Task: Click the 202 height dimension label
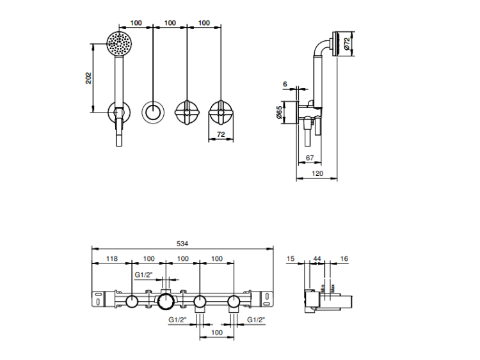[x=89, y=77]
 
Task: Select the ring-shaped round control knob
[x=153, y=114]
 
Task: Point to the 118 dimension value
[x=111, y=258]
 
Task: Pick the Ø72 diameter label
[x=346, y=44]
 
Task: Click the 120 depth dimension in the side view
[x=317, y=173]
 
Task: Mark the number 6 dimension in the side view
[x=285, y=84]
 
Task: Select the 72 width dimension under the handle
[x=221, y=135]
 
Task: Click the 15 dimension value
[x=292, y=258]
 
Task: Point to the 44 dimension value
[x=317, y=258]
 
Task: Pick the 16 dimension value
[x=344, y=258]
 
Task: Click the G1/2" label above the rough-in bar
[x=143, y=275]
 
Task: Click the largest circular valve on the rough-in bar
[x=166, y=301]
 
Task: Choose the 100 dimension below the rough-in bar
[x=217, y=333]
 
